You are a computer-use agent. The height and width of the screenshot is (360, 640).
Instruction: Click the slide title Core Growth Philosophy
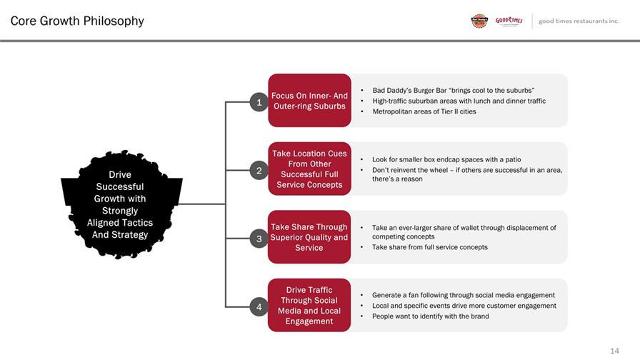(x=77, y=21)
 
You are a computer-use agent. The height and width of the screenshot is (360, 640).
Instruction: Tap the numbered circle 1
(x=259, y=102)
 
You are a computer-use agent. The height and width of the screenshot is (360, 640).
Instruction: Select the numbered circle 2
(x=259, y=170)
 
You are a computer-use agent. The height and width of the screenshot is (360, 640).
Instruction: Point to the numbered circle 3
(x=259, y=239)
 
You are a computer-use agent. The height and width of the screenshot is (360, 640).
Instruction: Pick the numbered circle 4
(x=259, y=306)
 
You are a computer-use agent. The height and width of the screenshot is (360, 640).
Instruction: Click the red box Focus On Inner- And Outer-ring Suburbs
(x=309, y=101)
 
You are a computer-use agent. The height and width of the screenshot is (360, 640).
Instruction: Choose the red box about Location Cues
(x=309, y=169)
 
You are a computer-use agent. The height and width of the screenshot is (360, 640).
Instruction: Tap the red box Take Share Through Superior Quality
(x=309, y=236)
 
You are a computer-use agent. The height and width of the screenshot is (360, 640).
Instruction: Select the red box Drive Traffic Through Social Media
(x=309, y=305)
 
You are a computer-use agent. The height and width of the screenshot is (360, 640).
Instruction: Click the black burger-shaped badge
(x=121, y=204)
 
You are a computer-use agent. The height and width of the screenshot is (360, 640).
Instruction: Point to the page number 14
(x=614, y=351)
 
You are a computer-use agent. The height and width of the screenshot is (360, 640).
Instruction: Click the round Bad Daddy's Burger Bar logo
(x=479, y=21)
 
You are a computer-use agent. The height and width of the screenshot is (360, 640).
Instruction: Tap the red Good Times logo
(x=509, y=21)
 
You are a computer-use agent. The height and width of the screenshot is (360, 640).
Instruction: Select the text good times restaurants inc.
(x=579, y=21)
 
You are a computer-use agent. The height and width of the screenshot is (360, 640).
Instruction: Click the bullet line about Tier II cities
(x=424, y=111)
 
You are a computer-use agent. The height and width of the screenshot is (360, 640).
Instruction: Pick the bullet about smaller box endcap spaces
(x=446, y=159)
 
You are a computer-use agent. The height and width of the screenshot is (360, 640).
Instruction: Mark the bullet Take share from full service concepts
(x=430, y=247)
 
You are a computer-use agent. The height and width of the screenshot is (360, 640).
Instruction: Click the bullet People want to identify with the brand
(x=430, y=316)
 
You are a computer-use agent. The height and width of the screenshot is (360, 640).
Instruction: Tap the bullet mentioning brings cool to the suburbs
(x=454, y=90)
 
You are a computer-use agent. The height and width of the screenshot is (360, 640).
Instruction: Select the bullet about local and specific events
(x=464, y=306)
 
